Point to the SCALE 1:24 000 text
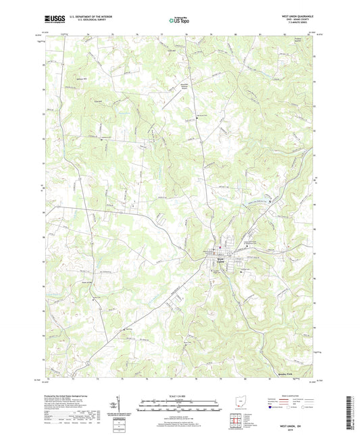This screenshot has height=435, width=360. click(x=180, y=396)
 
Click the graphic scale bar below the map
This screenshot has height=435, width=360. click(x=180, y=407)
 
